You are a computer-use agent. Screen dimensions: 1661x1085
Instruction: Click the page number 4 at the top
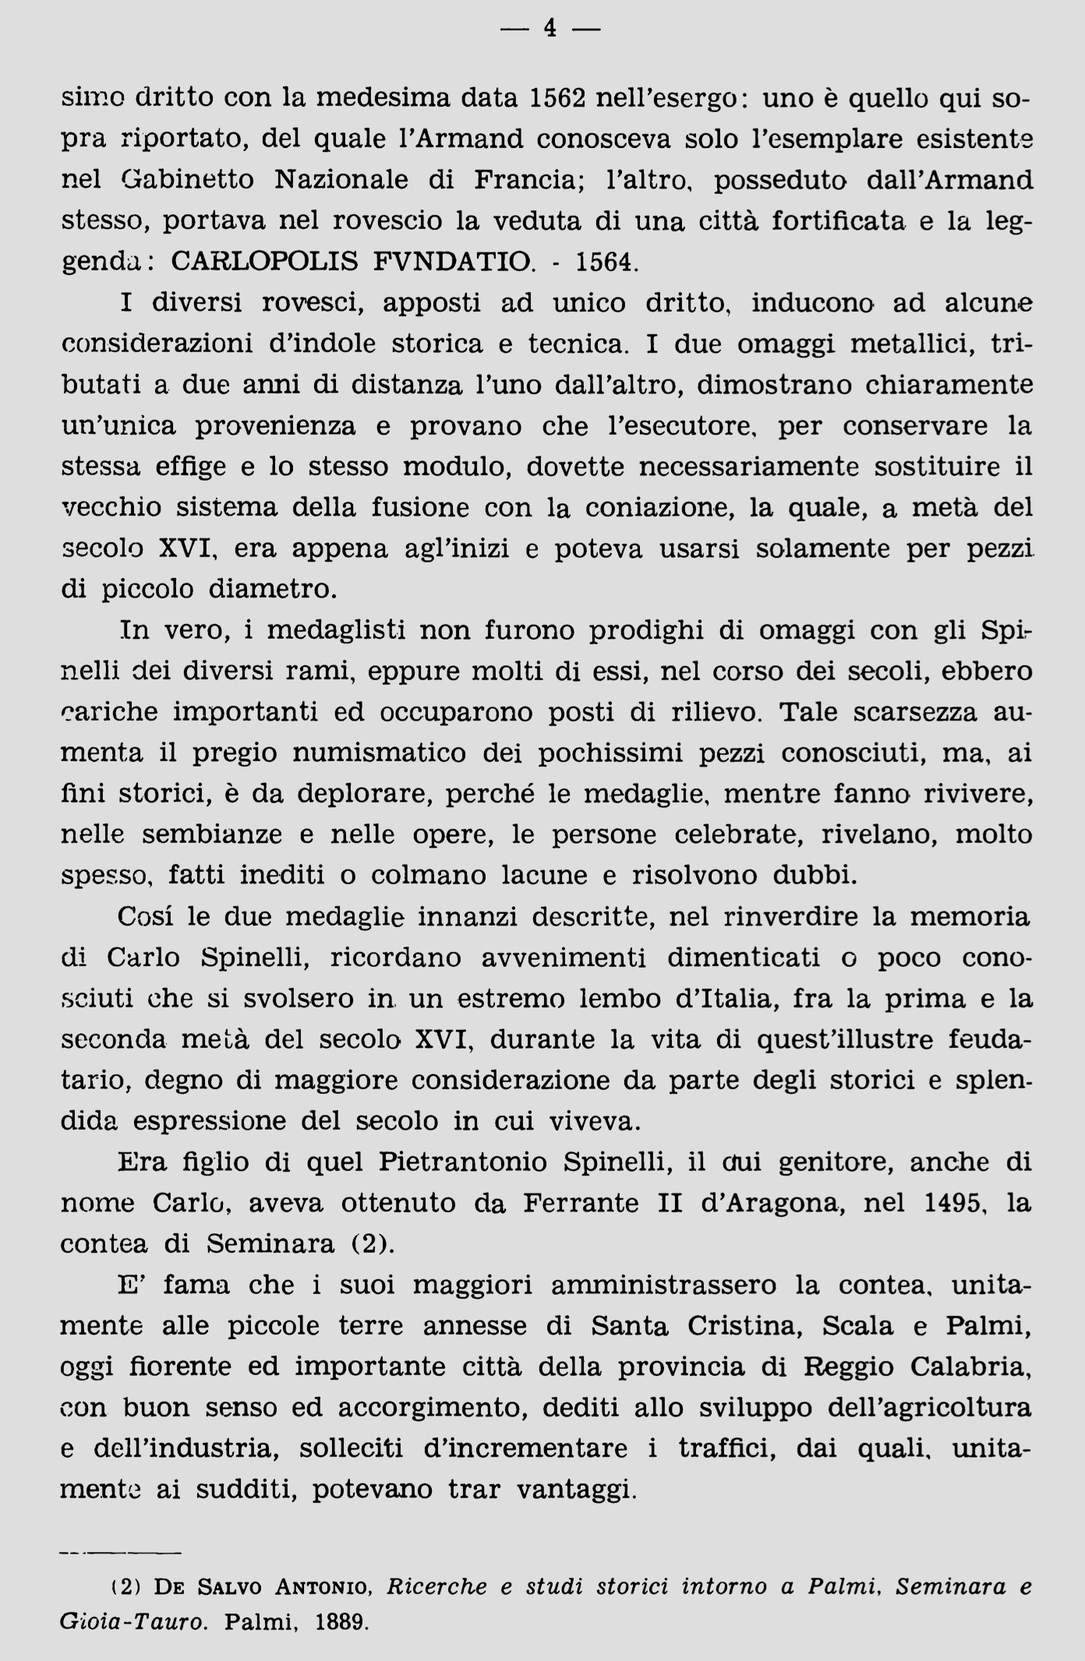point(550,29)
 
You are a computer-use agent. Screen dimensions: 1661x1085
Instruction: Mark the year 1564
point(606,261)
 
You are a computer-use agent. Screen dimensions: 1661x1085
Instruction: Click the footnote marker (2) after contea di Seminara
point(369,1244)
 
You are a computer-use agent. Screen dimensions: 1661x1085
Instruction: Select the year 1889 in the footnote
point(341,1624)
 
